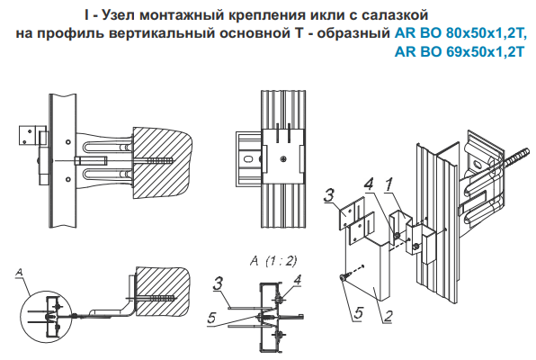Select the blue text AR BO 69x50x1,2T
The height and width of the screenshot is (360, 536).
pos(460,52)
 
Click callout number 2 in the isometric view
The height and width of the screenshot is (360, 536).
pos(388,316)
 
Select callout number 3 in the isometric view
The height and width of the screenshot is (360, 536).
pos(328,195)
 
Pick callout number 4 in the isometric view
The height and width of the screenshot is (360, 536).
pos(369,184)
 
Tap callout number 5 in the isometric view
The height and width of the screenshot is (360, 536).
pos(358,313)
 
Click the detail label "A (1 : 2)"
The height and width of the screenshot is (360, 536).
pos(273,262)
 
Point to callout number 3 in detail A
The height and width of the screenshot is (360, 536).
pos(218,283)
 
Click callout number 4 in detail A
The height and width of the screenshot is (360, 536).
pos(297,280)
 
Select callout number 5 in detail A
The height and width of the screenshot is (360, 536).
pos(212,318)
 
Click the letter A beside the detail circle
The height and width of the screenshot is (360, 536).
pos(20,272)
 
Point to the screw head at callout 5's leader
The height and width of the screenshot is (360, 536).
pos(343,278)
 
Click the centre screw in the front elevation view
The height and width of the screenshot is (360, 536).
pos(283,158)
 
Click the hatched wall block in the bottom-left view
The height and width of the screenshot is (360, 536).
pos(163,292)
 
